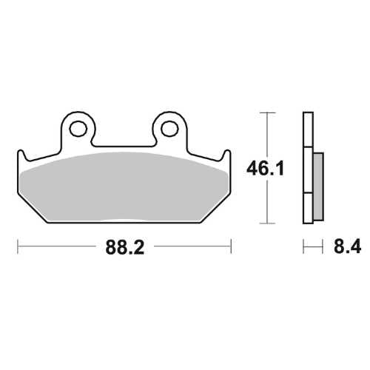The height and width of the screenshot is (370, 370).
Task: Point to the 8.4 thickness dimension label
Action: pos(347,246)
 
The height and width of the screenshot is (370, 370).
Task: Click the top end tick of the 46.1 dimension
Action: pos(266,112)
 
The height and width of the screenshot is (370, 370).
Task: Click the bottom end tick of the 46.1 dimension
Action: pos(266,223)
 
